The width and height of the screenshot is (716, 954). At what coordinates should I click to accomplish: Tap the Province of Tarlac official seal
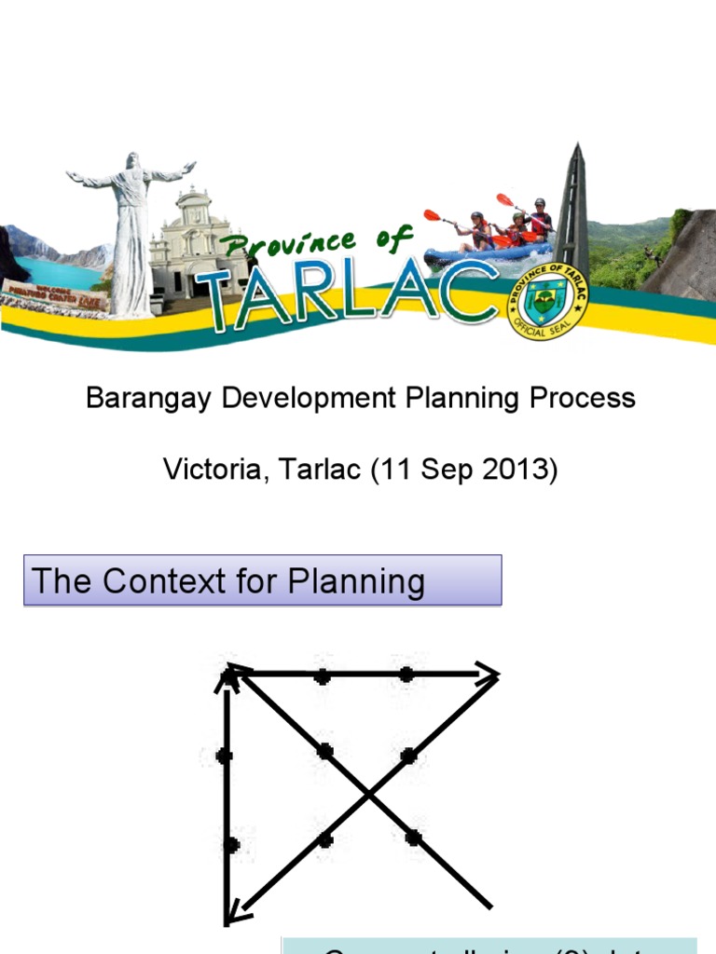click(x=547, y=299)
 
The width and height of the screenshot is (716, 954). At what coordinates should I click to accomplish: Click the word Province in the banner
click(x=292, y=246)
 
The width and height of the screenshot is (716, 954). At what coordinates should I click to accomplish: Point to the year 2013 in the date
click(x=518, y=470)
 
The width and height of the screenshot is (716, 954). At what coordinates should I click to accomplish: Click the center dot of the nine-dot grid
click(x=324, y=751)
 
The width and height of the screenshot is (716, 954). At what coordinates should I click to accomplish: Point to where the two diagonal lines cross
click(x=369, y=794)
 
